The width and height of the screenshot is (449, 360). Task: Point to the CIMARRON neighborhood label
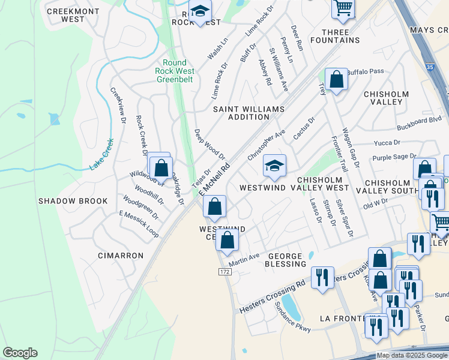(121, 256)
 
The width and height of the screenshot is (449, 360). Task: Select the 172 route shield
(223, 272)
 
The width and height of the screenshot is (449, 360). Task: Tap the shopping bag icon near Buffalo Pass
(336, 80)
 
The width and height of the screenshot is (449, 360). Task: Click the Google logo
(20, 353)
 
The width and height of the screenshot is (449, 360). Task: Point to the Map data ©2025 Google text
(412, 355)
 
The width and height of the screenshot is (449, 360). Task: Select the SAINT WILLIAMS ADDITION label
(248, 113)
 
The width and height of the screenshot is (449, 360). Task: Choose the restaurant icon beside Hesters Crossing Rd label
(323, 277)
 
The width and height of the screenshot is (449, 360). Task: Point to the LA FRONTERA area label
(344, 317)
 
